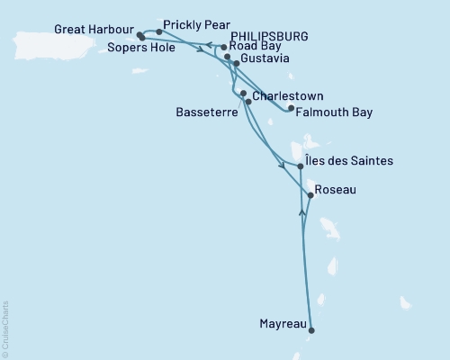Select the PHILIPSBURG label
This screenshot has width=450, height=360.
click(x=268, y=36)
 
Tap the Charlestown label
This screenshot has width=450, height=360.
click(x=287, y=95)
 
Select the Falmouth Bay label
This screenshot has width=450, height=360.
click(x=334, y=112)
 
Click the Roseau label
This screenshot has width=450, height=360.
click(x=337, y=190)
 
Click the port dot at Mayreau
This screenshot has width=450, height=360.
click(x=312, y=329)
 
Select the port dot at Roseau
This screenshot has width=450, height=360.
click(x=310, y=195)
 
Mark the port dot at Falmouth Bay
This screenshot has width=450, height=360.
click(x=291, y=109)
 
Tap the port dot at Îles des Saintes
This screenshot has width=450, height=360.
click(x=300, y=166)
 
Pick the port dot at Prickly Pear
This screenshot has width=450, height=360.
click(x=159, y=31)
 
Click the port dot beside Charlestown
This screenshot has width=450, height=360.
click(x=244, y=94)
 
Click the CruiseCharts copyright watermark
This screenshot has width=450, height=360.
click(x=5, y=329)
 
